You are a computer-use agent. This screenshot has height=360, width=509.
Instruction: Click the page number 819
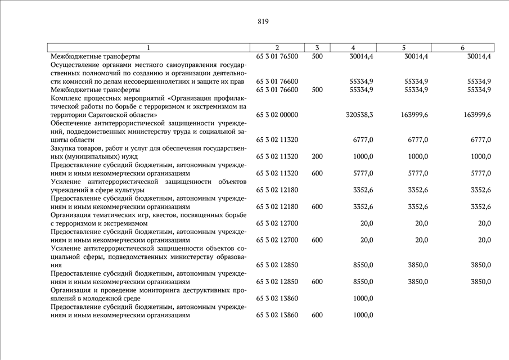[263, 21]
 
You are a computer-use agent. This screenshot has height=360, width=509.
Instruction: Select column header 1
[148, 48]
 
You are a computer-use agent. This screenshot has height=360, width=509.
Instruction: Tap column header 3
[317, 48]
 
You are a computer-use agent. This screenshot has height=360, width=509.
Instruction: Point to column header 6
[462, 48]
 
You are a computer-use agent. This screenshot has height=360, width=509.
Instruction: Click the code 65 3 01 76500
[277, 56]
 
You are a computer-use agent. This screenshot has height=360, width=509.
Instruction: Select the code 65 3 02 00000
[277, 115]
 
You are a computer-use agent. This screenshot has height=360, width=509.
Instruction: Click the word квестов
[161, 215]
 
